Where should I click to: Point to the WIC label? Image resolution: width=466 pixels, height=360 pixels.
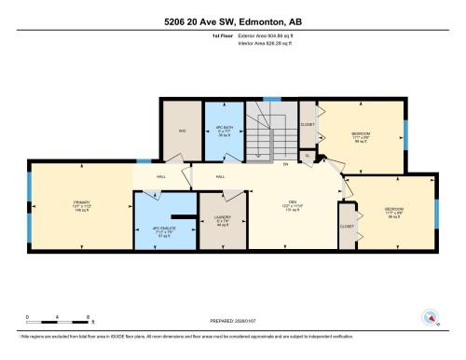click(184, 132)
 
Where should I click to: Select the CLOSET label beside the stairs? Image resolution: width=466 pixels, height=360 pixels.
click(308, 124)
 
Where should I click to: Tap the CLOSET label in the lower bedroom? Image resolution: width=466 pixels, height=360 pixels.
click(347, 226)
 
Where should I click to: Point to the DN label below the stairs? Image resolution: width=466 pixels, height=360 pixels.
click(285, 164)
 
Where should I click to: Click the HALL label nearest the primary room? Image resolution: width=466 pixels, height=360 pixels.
click(161, 175)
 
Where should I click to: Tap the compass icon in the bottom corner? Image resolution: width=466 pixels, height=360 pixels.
click(431, 317)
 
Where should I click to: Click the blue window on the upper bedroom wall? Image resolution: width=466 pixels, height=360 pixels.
click(404, 132)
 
